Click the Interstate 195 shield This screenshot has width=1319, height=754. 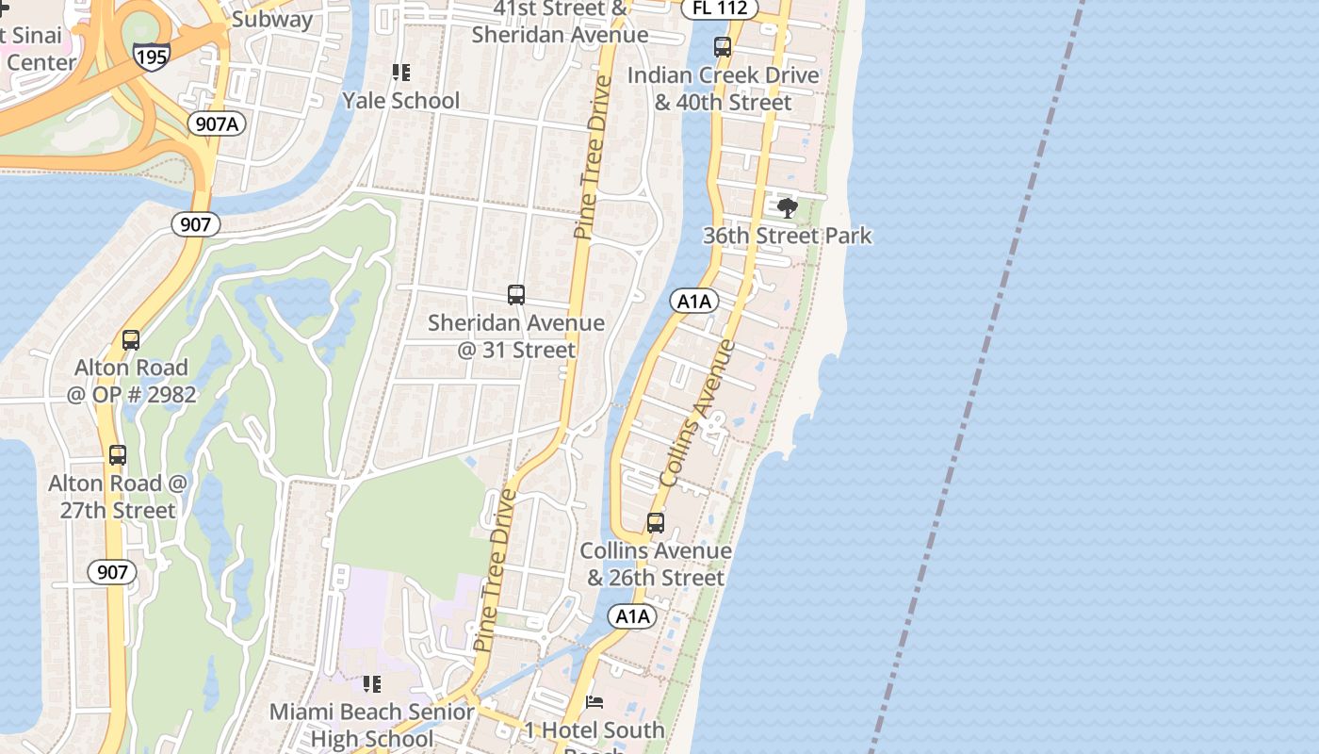151,56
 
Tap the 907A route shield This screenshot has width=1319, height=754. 217,123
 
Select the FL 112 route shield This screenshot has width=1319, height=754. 720,8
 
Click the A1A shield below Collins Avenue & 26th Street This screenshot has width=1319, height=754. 633,616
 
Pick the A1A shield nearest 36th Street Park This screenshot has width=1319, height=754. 694,302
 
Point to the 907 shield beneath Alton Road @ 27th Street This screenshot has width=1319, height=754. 112,572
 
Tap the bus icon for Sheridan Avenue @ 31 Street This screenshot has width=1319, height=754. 516,295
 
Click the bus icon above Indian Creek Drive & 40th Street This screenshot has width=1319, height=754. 723,47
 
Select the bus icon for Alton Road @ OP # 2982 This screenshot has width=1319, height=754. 131,340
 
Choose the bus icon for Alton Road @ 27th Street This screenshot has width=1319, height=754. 118,455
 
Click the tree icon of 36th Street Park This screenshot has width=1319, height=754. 788,208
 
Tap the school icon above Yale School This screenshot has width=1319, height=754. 401,73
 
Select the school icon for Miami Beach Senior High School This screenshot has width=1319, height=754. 372,684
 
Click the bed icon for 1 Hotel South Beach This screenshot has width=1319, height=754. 594,702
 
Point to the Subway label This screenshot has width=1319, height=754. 272,19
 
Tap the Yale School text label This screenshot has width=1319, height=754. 401,100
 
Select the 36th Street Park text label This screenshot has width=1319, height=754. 788,236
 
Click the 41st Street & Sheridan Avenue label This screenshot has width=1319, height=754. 561,22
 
